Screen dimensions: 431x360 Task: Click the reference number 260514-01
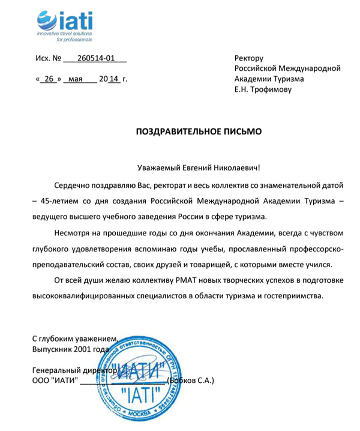click(x=95, y=59)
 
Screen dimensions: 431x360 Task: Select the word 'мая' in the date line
click(x=75, y=79)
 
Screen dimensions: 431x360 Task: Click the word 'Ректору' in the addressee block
click(x=249, y=58)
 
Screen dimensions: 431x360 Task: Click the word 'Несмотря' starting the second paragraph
click(x=71, y=233)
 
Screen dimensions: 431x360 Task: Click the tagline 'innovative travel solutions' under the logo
click(x=64, y=34)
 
